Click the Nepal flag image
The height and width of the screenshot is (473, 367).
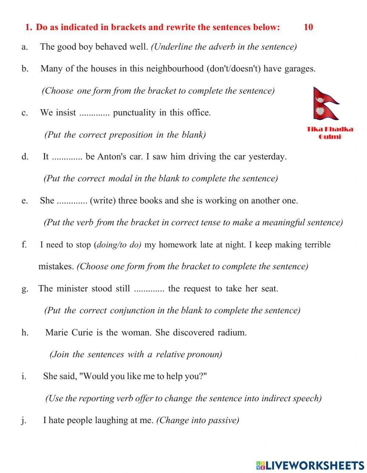[326, 103]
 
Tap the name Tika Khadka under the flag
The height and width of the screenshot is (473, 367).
[330, 129]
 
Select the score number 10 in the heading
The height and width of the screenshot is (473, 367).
[308, 27]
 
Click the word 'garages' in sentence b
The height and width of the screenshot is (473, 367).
[299, 69]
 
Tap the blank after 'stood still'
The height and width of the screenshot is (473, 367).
[149, 289]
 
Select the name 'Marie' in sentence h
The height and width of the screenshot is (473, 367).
[57, 333]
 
